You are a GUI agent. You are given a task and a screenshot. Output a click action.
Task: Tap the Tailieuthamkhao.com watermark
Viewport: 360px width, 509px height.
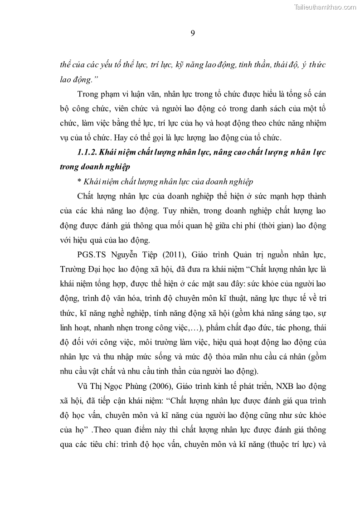click(x=326, y=7)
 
